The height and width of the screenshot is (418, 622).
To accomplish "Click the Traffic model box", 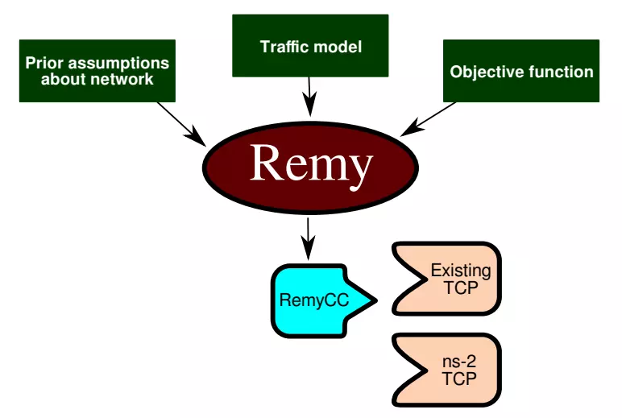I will pos(310,46).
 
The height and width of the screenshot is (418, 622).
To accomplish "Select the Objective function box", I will pos(521,71).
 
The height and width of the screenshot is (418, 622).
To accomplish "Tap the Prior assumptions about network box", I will pos(97,71).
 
